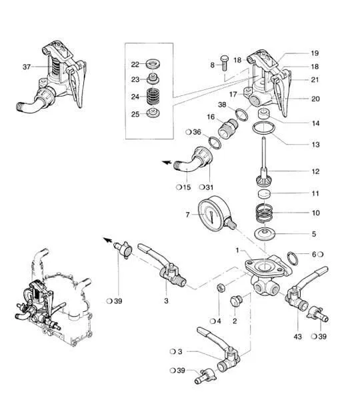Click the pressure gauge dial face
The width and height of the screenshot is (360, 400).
pyautogui.click(x=211, y=215)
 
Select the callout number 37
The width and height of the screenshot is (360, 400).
pyautogui.click(x=27, y=67)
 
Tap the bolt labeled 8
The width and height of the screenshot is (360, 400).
pyautogui.click(x=225, y=63)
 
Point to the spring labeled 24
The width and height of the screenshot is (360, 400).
pyautogui.click(x=153, y=96)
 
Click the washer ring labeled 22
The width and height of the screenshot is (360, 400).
pyautogui.click(x=153, y=63)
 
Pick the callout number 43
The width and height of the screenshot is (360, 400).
pyautogui.click(x=297, y=337)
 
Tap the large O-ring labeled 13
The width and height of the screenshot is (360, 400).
pyautogui.click(x=264, y=128)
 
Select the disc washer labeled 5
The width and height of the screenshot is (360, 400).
pyautogui.click(x=265, y=233)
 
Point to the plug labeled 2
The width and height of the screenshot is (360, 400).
pyautogui.click(x=236, y=301)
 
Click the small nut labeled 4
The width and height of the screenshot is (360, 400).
pyautogui.click(x=221, y=288)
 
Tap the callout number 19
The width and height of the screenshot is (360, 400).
pyautogui.click(x=315, y=53)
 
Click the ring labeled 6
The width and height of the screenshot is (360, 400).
pyautogui.click(x=293, y=258)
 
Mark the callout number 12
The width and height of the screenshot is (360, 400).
pyautogui.click(x=315, y=171)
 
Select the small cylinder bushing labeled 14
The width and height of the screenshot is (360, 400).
pyautogui.click(x=264, y=113)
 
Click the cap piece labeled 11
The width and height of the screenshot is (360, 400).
pyautogui.click(x=265, y=195)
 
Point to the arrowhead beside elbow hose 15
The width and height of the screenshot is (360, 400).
pyautogui.click(x=167, y=162)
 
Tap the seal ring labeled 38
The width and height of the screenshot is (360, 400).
pyautogui.click(x=241, y=114)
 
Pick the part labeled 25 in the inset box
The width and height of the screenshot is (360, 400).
pyautogui.click(x=153, y=113)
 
